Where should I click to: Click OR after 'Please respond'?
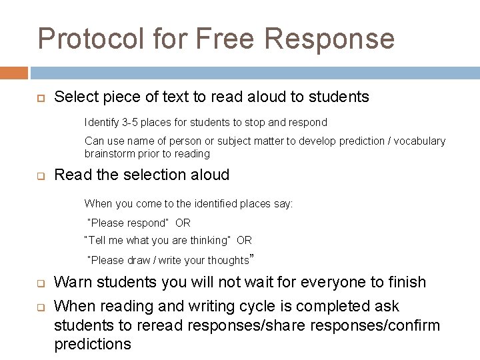[x=183, y=223]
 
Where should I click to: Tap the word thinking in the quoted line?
[x=208, y=241]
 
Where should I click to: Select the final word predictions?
[x=93, y=345]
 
